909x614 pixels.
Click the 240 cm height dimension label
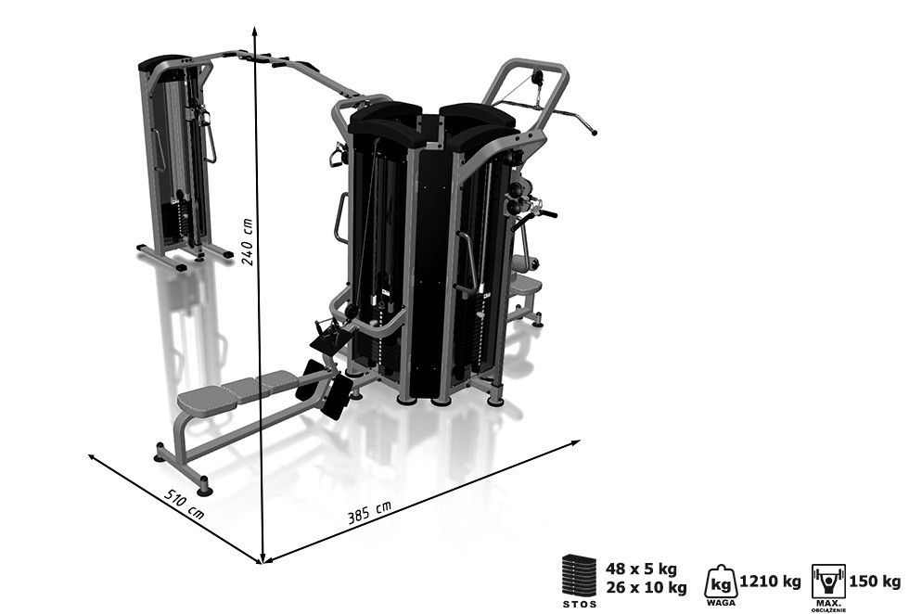[248, 242]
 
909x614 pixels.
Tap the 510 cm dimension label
[185, 504]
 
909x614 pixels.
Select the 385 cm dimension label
[369, 512]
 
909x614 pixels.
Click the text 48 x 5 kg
[641, 569]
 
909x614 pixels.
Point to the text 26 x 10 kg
[647, 587]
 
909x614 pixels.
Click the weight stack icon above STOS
[579, 574]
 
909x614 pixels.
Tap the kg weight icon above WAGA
[721, 581]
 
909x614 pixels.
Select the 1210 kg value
[771, 582]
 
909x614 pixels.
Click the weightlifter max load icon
[828, 581]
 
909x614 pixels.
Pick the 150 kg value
[875, 582]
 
